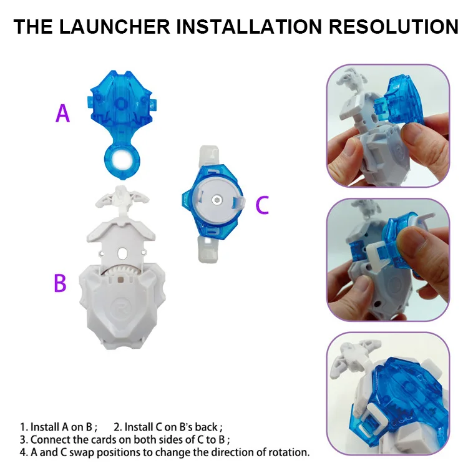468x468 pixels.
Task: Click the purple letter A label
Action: (62, 114)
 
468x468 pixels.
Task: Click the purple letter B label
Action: (60, 283)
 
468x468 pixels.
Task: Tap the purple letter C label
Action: (262, 205)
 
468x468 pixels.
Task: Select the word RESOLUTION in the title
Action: (393, 27)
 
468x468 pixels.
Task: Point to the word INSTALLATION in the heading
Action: (249, 27)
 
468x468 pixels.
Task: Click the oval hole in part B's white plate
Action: (122, 254)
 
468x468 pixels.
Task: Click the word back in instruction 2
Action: (207, 427)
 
